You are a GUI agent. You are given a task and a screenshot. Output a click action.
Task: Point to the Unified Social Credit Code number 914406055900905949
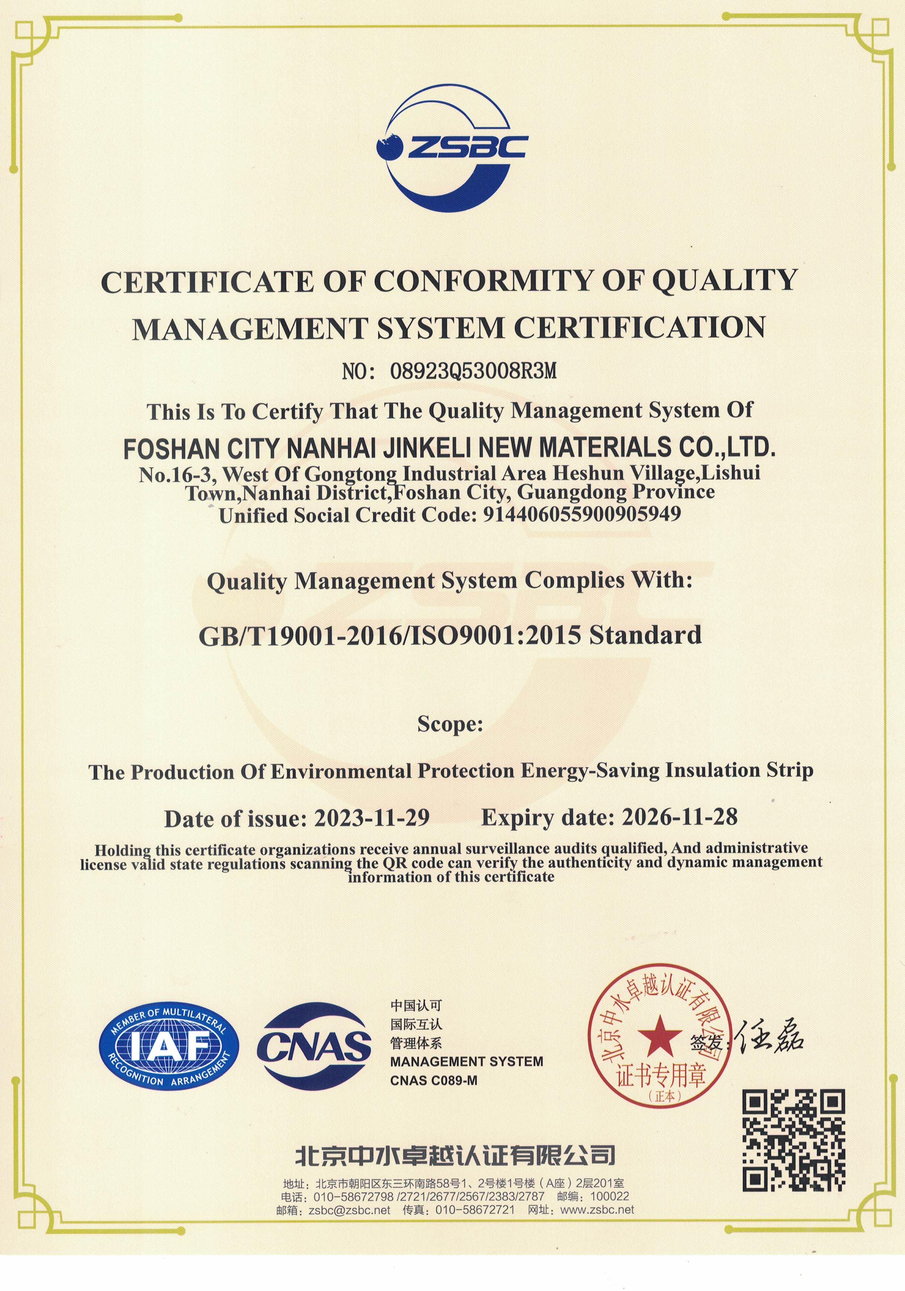[582, 514]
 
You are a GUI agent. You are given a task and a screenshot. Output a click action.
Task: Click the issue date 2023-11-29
[372, 818]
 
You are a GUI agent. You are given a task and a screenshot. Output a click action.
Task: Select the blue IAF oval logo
[166, 1046]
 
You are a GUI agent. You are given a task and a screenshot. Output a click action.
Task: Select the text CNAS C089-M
[433, 1081]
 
